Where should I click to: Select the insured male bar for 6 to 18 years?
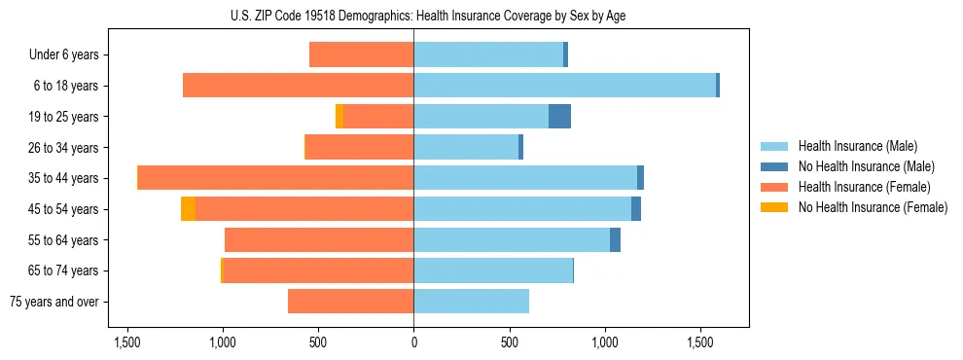(564, 86)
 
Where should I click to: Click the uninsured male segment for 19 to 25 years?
(559, 117)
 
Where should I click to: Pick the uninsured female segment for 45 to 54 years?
(188, 209)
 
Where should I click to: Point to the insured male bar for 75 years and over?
(472, 302)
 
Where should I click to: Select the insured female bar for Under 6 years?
(361, 54)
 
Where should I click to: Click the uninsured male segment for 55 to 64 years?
(615, 240)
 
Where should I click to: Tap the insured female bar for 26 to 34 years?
(359, 147)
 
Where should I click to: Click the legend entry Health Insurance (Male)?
(856, 146)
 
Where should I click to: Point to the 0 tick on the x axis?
(413, 342)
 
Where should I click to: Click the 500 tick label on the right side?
(509, 342)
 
